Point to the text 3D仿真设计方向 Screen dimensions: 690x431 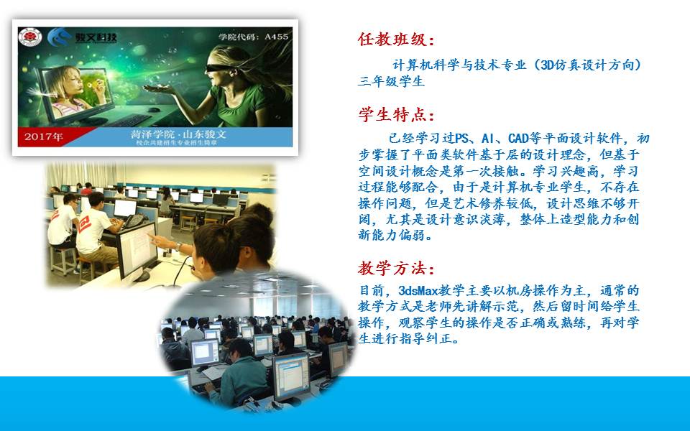(587, 65)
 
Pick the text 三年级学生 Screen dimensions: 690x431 (391, 81)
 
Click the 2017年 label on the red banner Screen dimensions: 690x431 (44, 136)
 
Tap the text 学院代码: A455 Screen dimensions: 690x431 (254, 37)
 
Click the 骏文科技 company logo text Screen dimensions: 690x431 (96, 37)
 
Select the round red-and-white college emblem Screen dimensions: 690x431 (30, 37)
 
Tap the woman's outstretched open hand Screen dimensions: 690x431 (160, 89)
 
